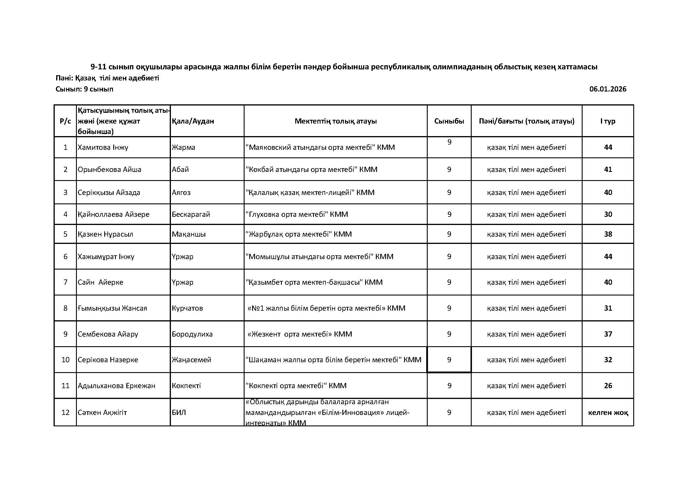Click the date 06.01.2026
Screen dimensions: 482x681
point(608,89)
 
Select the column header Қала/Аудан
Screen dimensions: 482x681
point(193,121)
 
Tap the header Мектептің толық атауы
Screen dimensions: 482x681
point(335,121)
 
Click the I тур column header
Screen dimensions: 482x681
point(608,121)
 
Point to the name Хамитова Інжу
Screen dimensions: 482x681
point(103,147)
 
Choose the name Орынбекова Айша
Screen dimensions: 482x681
point(109,170)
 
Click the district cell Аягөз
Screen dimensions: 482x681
point(181,192)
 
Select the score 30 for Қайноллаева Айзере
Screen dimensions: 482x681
point(608,214)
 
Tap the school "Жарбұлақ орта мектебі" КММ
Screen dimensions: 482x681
point(299,234)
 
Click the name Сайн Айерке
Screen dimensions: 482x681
point(100,282)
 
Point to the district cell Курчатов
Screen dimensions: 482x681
point(187,308)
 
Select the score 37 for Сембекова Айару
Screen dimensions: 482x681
point(608,334)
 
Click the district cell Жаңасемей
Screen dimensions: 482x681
point(192,360)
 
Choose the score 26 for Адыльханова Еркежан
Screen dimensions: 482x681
point(608,386)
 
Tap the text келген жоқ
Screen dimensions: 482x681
point(608,412)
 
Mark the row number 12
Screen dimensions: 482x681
point(65,412)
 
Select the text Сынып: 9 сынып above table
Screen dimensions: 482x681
point(84,89)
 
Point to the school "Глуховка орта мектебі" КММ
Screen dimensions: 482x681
point(297,214)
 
